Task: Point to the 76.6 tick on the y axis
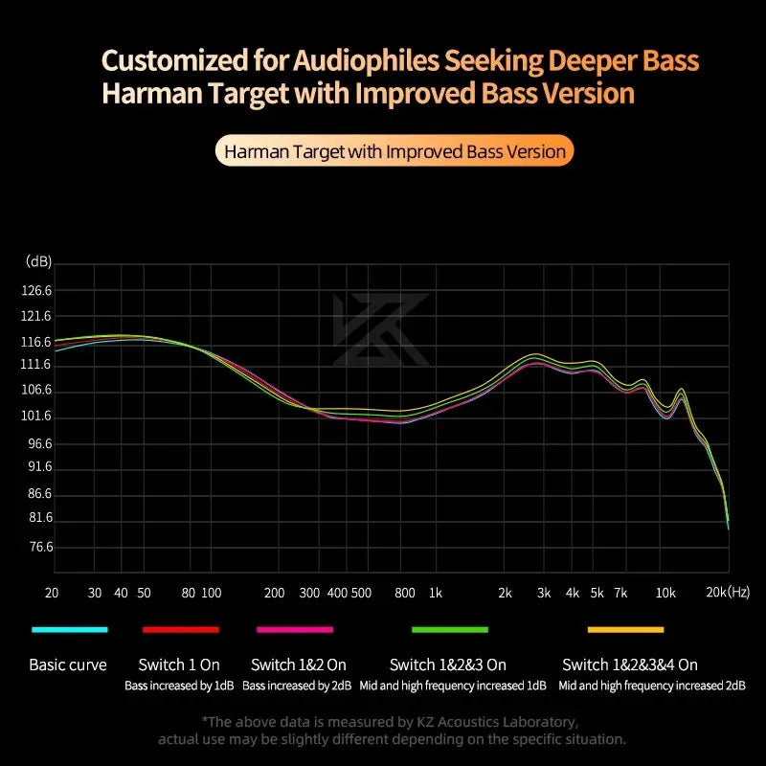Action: click(x=41, y=547)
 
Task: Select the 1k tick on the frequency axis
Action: click(x=435, y=593)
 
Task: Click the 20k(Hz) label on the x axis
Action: click(x=728, y=593)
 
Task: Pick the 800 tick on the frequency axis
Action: click(x=404, y=593)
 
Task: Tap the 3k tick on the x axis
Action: click(x=544, y=593)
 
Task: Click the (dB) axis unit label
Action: click(x=39, y=261)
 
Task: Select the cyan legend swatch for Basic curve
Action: click(x=69, y=629)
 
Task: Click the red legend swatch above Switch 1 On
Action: click(x=180, y=629)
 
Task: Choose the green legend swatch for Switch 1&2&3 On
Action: click(x=449, y=629)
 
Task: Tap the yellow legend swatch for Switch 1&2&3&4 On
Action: click(x=625, y=629)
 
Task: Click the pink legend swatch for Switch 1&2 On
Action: click(x=294, y=629)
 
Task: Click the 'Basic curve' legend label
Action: click(x=68, y=665)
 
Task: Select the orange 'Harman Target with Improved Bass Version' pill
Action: click(x=394, y=151)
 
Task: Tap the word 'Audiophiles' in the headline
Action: click(x=350, y=61)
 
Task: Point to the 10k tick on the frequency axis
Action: click(x=665, y=593)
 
